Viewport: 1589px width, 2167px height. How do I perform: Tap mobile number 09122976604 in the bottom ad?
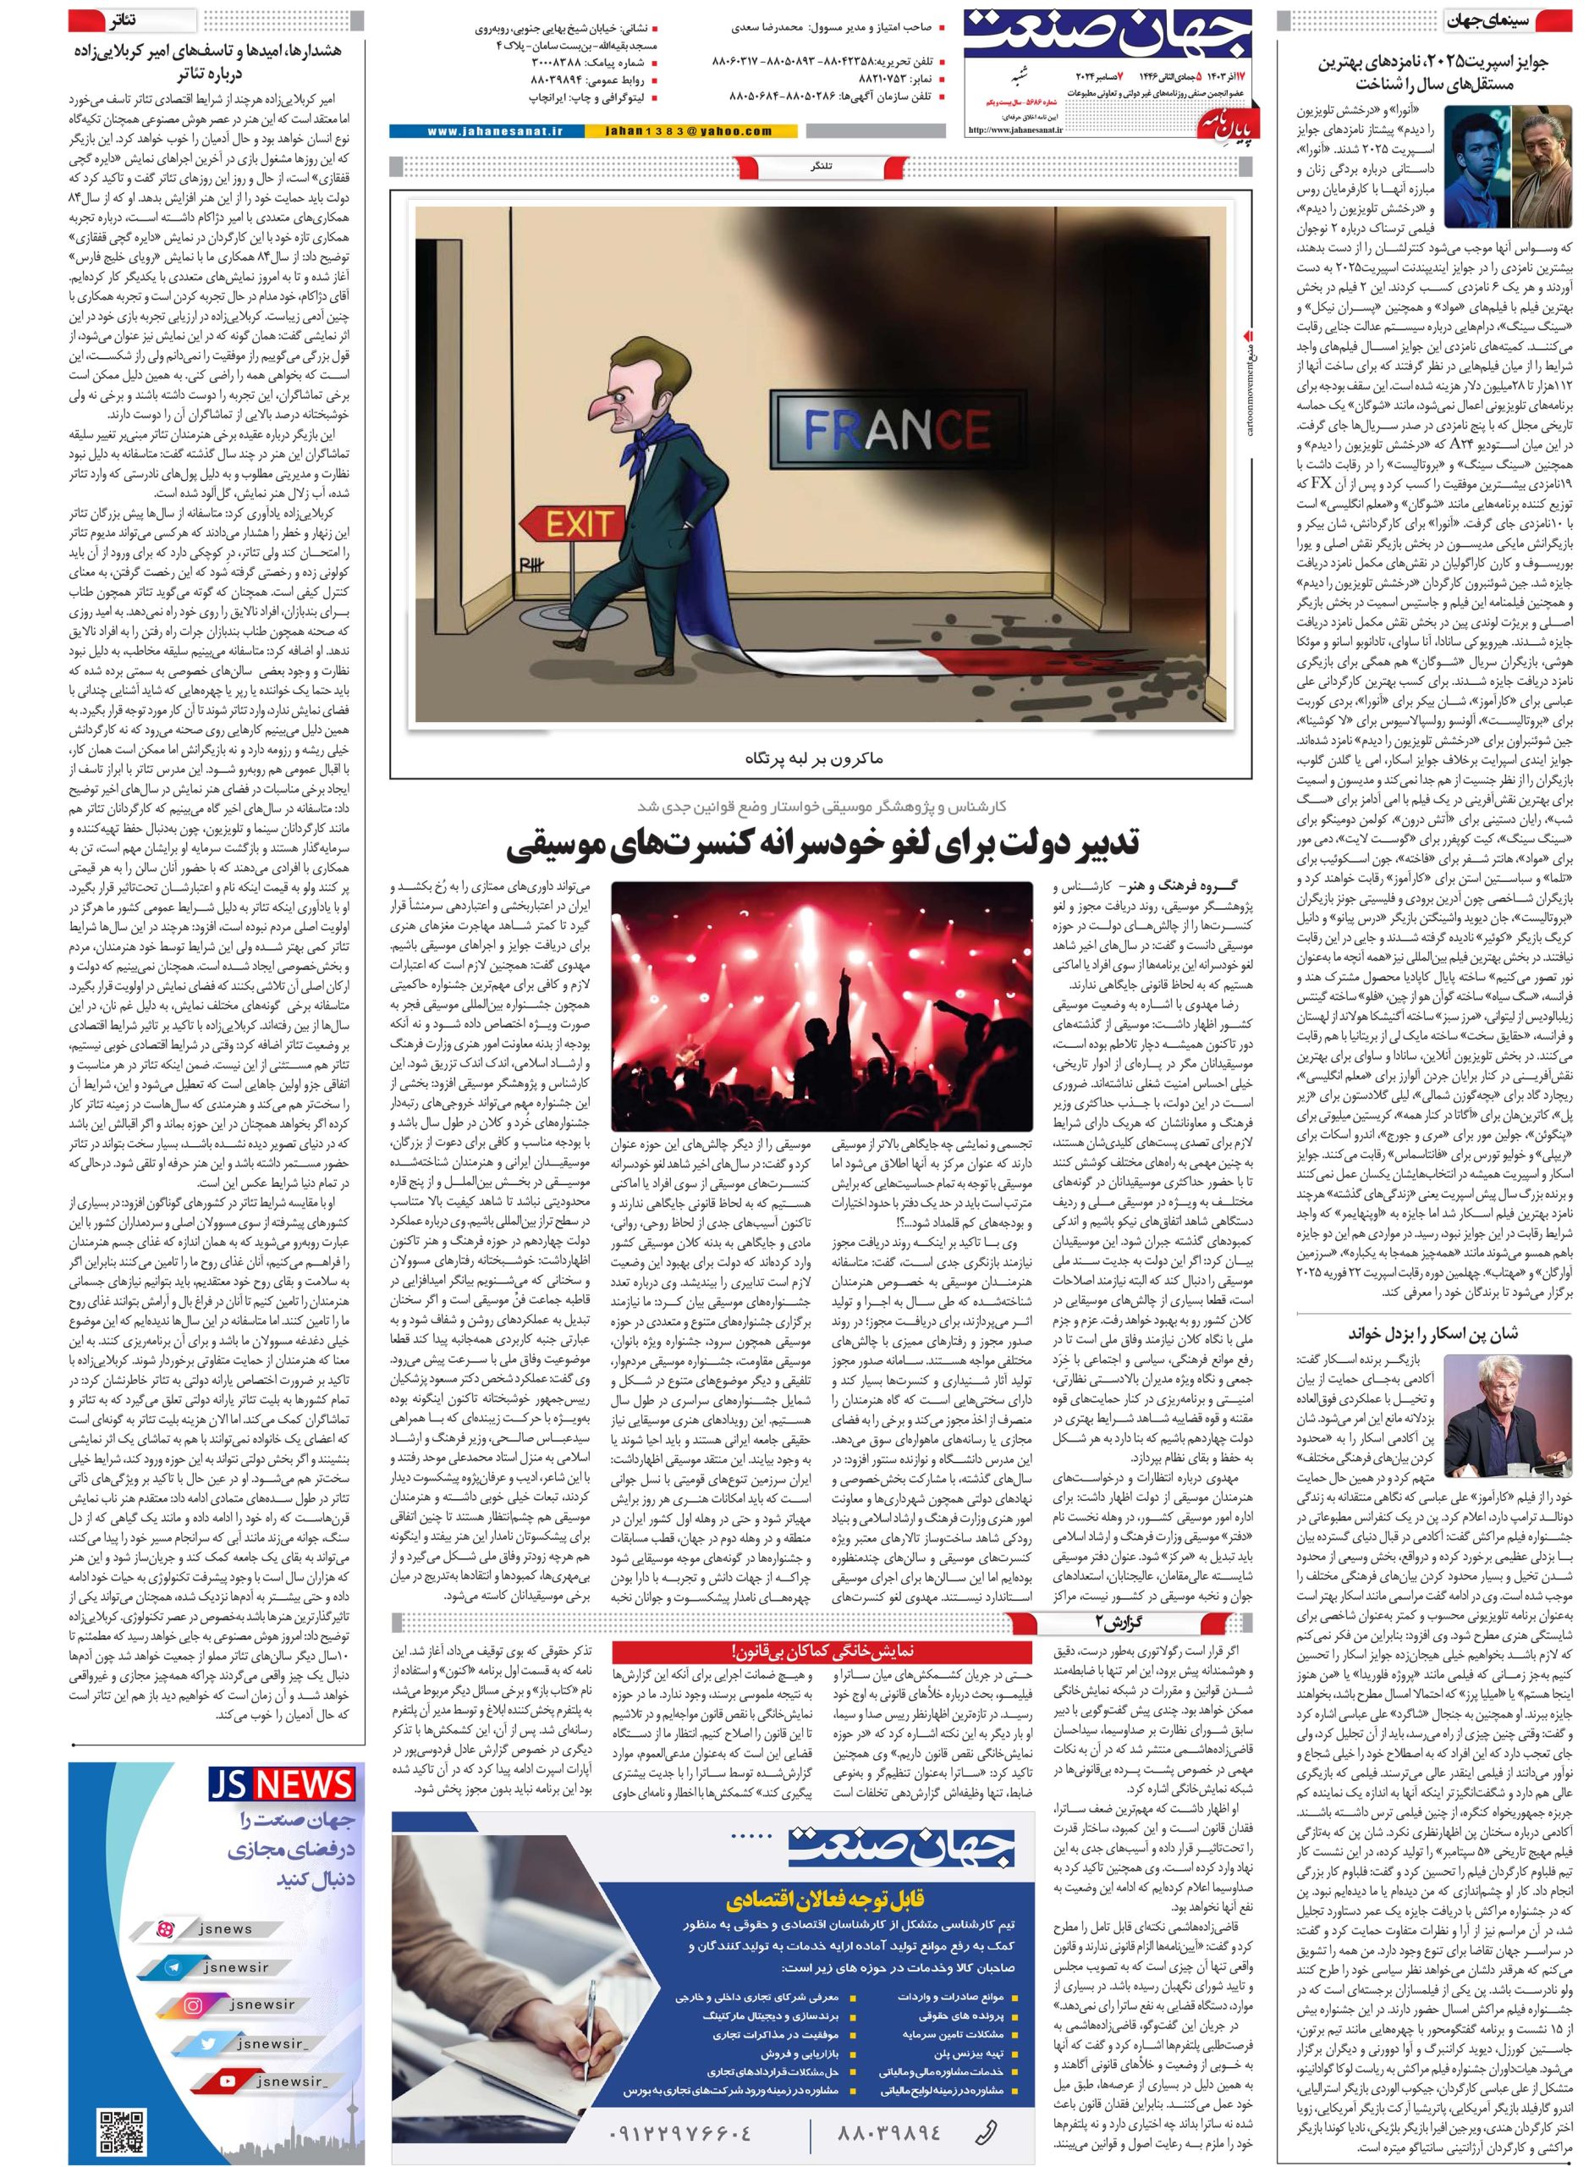[x=678, y=2132]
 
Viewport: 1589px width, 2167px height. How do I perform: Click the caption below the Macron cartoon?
[x=822, y=758]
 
